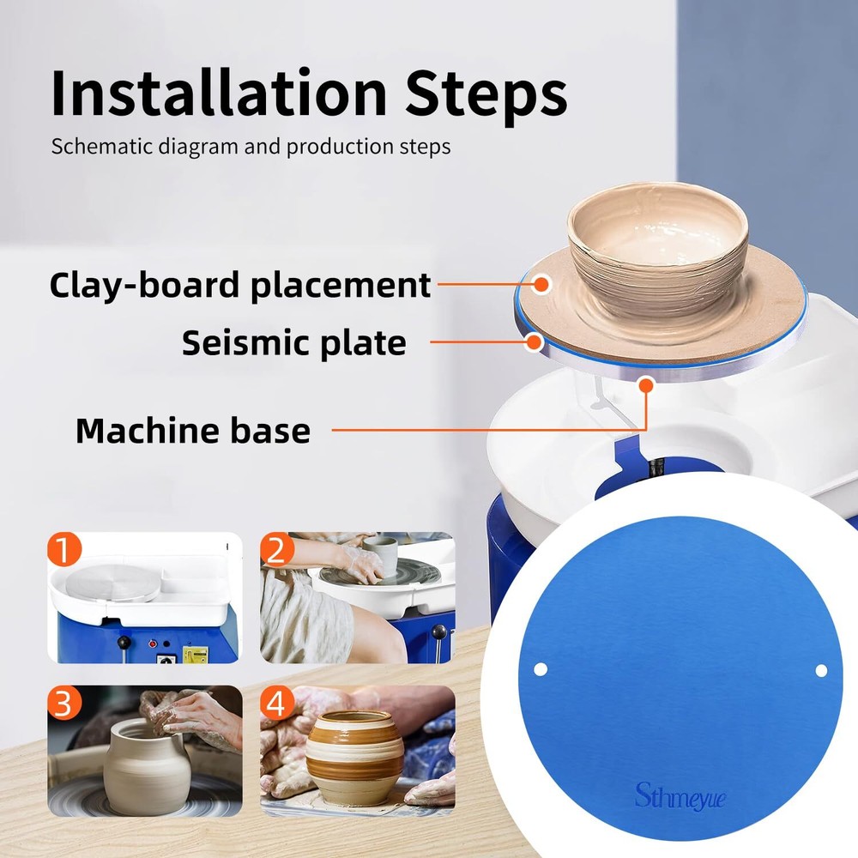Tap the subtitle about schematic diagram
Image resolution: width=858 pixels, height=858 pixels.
[x=251, y=146]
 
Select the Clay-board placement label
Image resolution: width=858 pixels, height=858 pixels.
[x=239, y=284]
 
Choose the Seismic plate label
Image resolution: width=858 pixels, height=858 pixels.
[x=293, y=342]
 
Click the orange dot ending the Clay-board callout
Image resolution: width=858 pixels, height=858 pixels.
[x=541, y=283]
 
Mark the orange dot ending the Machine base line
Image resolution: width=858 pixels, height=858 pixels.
[x=646, y=384]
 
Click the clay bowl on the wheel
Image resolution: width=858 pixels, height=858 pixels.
[x=656, y=249]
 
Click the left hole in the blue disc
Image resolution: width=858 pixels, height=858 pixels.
[x=541, y=668]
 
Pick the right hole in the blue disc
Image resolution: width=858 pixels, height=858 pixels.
[x=820, y=670]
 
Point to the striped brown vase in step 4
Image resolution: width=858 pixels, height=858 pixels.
[x=354, y=752]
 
